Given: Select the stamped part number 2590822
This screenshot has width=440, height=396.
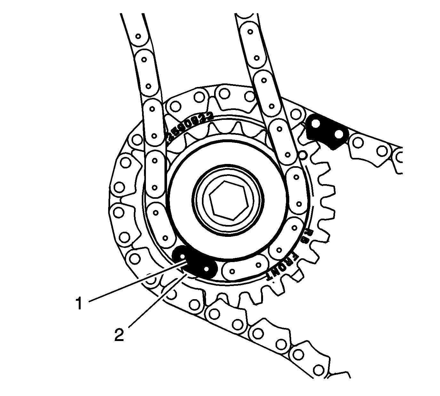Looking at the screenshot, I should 191,126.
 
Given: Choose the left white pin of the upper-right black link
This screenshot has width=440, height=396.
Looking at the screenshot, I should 315,123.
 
